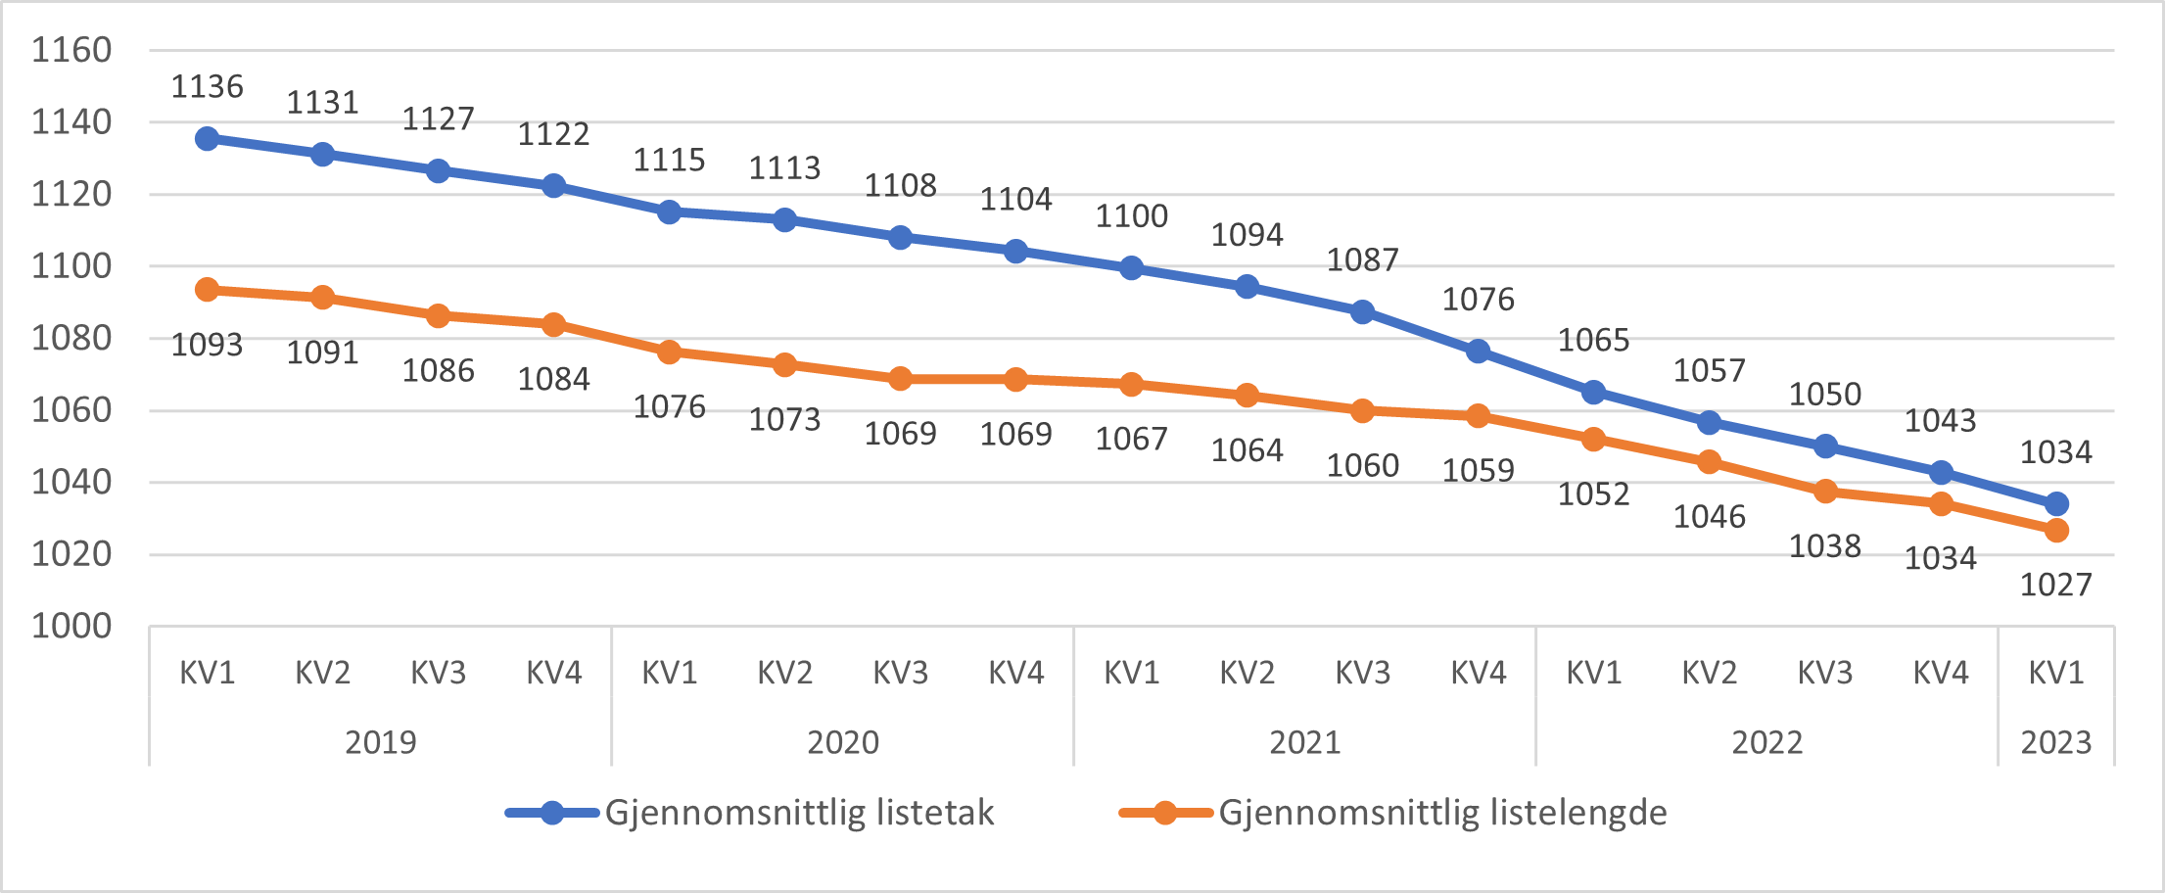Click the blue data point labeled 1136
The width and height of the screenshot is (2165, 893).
point(207,139)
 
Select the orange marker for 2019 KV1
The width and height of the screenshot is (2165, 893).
point(207,290)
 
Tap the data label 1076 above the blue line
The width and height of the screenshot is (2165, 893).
point(1478,300)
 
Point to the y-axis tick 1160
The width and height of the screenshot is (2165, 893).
point(71,50)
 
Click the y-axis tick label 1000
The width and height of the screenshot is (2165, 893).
point(71,626)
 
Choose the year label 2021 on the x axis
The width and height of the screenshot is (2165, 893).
point(1304,742)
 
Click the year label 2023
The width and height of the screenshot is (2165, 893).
point(2055,742)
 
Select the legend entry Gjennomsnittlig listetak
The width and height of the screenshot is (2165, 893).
point(798,813)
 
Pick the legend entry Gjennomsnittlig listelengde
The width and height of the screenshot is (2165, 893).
point(1441,813)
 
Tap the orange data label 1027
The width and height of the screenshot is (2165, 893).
point(2055,585)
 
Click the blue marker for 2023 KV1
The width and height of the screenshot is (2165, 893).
point(2056,504)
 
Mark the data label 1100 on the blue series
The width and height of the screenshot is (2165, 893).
point(1131,216)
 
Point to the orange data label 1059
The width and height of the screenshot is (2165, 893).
point(1478,470)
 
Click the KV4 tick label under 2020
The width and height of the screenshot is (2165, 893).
point(1015,673)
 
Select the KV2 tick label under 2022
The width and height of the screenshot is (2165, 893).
point(1709,673)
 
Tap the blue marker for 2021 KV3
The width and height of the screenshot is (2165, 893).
point(1362,312)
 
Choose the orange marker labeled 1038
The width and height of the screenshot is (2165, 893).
point(1825,492)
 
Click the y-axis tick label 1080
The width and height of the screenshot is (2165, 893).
point(71,338)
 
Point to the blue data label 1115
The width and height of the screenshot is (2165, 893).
point(669,160)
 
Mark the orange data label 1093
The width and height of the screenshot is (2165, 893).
point(207,345)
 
